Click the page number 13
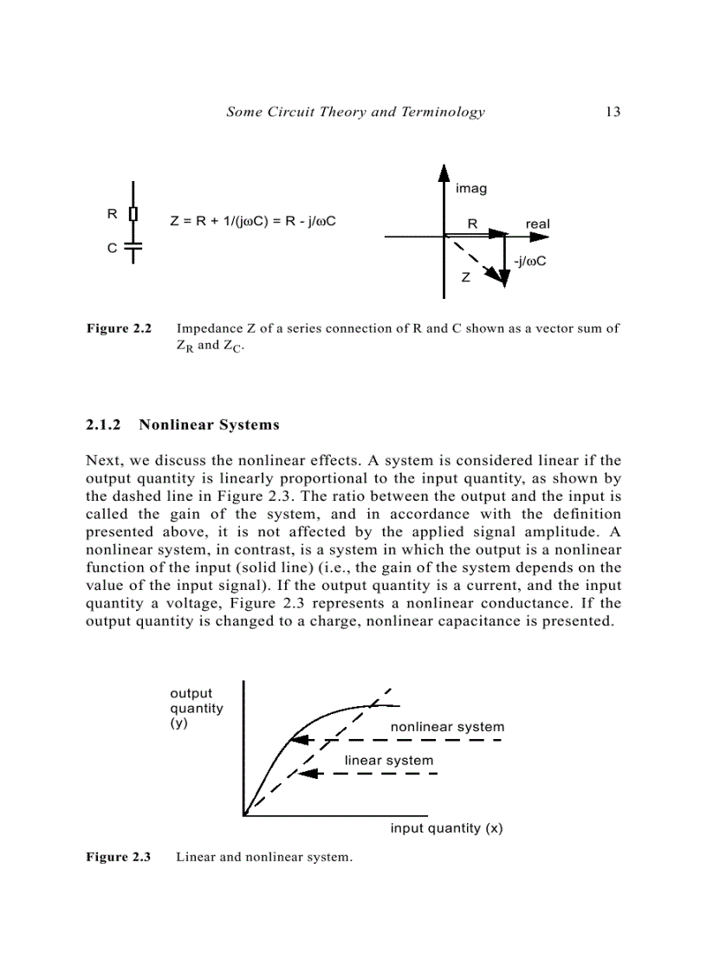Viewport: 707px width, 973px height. [x=613, y=112]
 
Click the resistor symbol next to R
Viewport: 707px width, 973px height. [x=133, y=213]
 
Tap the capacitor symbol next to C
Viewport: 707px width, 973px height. [x=133, y=247]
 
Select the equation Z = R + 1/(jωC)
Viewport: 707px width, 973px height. [x=252, y=221]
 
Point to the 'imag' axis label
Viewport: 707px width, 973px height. [x=470, y=188]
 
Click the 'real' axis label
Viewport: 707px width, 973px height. [x=537, y=224]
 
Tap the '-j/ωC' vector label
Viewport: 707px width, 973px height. [x=529, y=260]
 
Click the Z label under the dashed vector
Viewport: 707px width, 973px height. [x=465, y=278]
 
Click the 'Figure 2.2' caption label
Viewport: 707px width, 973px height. [x=119, y=329]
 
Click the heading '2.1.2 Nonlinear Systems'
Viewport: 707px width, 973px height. [x=183, y=425]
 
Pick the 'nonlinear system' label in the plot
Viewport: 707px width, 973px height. [x=446, y=727]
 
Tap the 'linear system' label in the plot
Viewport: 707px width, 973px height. [x=389, y=761]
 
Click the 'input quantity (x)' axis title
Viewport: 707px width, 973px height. [x=446, y=828]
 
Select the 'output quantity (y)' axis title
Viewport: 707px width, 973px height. [x=196, y=708]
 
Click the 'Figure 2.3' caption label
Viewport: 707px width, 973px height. [x=119, y=858]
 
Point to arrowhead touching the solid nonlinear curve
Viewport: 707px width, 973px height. [x=297, y=740]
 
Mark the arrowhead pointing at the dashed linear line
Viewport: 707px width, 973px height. [x=306, y=773]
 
